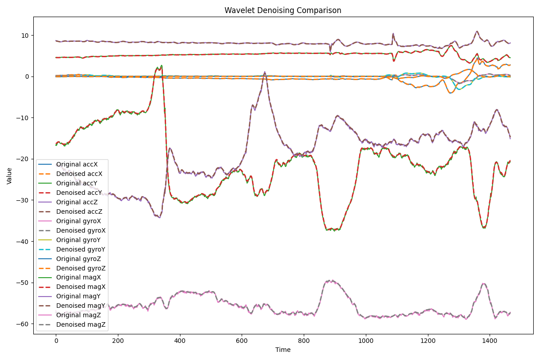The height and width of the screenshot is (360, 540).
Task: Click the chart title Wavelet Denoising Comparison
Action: pyautogui.click(x=283, y=10)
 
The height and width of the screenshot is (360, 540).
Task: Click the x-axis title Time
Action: pyautogui.click(x=283, y=350)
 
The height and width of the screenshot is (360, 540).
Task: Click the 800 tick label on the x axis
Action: pyautogui.click(x=304, y=341)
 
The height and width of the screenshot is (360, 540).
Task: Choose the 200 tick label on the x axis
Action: pyautogui.click(x=118, y=341)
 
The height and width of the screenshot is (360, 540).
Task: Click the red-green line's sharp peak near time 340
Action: pyautogui.click(x=161, y=66)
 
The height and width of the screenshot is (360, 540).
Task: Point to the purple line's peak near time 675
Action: pyautogui.click(x=265, y=72)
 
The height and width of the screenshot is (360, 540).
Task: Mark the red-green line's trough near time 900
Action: pyautogui.click(x=334, y=229)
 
